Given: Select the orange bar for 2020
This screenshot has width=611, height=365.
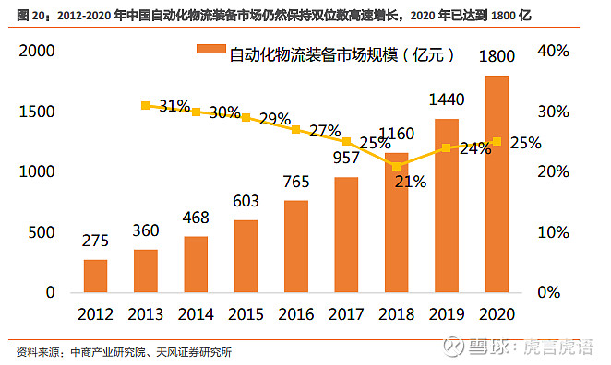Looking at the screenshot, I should (x=497, y=184).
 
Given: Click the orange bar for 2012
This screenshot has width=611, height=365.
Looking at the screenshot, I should (x=95, y=275).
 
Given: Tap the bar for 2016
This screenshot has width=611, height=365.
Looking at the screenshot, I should (x=296, y=245).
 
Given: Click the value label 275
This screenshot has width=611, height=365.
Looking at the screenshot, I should (x=95, y=241).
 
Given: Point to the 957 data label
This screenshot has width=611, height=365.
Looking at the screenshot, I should (x=346, y=159).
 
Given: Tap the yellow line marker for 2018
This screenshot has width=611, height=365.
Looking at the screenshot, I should (x=397, y=166).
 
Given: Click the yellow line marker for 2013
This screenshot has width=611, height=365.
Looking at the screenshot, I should (x=145, y=106).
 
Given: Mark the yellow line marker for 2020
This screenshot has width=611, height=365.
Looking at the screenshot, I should (x=497, y=141).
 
